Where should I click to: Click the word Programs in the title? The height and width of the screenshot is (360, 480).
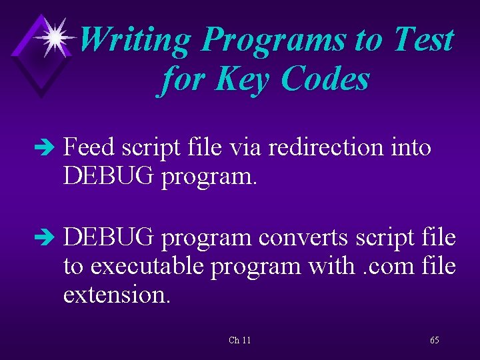point(274,40)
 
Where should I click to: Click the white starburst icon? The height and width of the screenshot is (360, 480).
point(54,37)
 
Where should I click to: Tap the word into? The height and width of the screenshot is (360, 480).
point(410,148)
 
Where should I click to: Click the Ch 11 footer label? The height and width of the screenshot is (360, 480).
point(239,340)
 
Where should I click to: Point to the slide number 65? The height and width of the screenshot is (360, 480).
point(434,340)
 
